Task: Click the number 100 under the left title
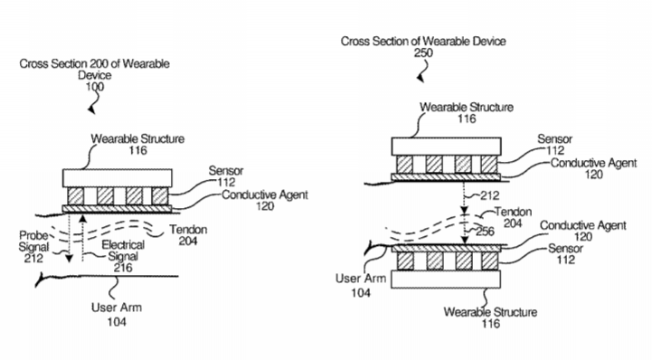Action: tap(95, 87)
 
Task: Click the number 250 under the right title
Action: tap(423, 52)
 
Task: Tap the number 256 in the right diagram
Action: tap(485, 232)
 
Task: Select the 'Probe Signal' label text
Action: tap(33, 242)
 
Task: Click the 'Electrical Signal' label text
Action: tap(123, 251)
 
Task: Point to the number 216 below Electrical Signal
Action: tap(123, 268)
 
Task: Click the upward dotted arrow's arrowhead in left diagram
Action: tap(83, 218)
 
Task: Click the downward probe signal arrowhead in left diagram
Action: tap(69, 258)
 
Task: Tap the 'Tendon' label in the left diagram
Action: tap(188, 230)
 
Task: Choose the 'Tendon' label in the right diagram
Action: tap(513, 212)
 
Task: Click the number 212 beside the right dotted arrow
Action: tap(490, 195)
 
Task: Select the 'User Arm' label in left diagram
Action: tap(117, 308)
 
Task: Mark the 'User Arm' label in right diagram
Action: tap(361, 279)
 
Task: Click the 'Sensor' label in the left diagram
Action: tap(226, 170)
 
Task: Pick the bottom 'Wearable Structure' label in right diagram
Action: tap(490, 312)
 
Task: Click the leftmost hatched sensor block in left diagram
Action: tap(75, 195)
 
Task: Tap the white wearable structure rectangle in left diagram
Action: tap(118, 178)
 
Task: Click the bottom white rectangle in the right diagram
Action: tap(446, 279)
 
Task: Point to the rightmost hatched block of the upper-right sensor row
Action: tap(489, 165)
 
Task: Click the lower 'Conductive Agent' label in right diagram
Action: tap(583, 225)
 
